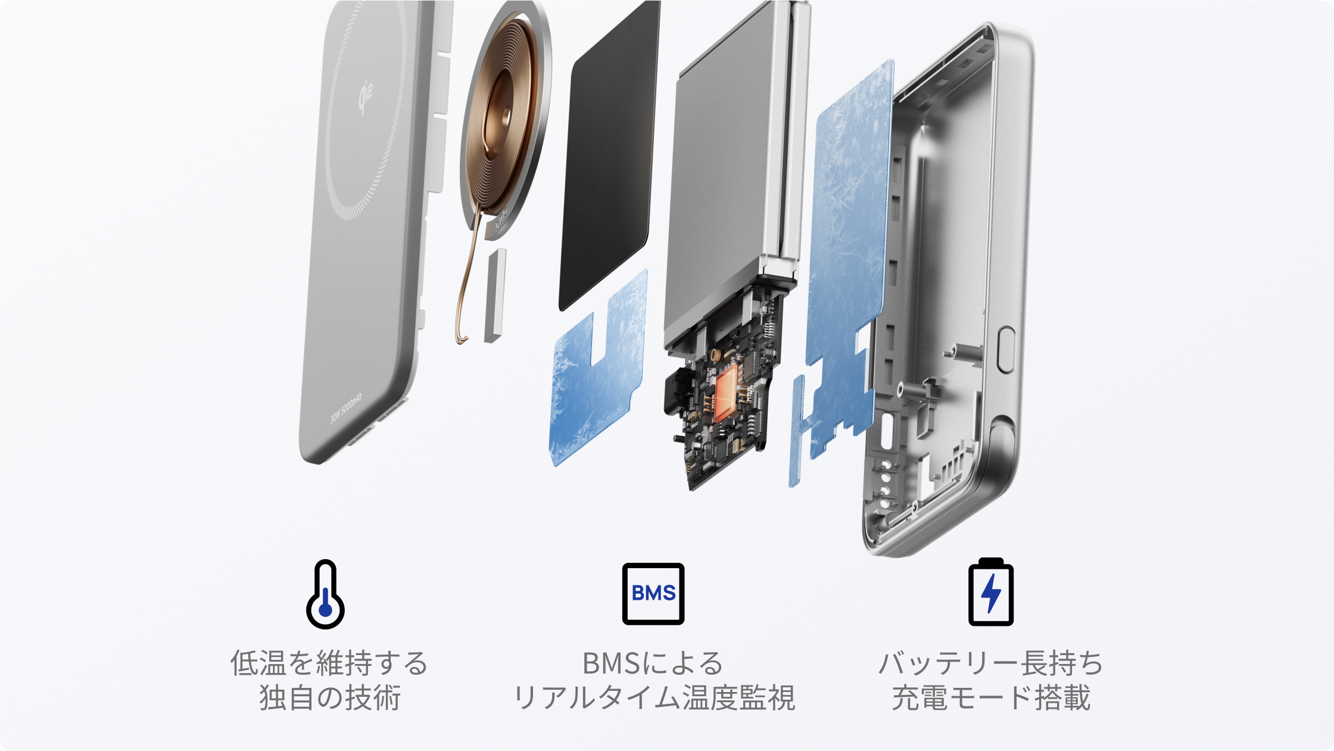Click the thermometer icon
click(325, 594)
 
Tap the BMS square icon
click(653, 594)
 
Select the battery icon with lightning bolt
click(991, 592)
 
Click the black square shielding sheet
click(609, 155)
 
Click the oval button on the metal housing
click(1005, 350)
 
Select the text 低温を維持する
click(329, 663)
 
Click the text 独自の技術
click(329, 697)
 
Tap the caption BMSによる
click(653, 663)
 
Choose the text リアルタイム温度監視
click(653, 697)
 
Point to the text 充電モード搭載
click(991, 697)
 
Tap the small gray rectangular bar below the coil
click(495, 295)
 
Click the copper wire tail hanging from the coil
click(468, 280)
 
